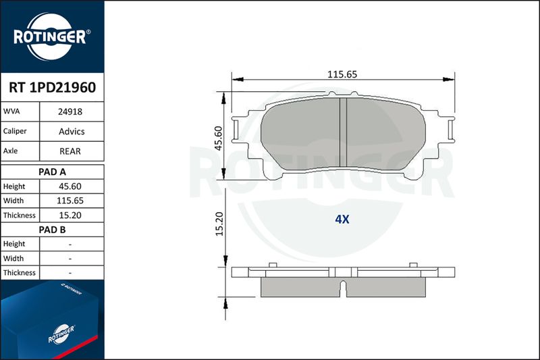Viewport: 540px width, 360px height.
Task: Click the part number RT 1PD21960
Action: pos(53,88)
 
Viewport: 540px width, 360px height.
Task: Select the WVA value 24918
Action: pos(70,111)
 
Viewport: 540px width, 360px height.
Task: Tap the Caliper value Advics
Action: pos(72,131)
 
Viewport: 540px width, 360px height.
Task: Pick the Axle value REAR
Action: pos(70,151)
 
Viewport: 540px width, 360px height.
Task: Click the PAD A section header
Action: pos(53,172)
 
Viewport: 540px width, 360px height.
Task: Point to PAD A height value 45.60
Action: pos(70,186)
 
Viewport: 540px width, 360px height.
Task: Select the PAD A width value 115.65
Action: pos(70,201)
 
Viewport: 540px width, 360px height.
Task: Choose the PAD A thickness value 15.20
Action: pos(70,215)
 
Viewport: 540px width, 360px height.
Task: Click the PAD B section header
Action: pos(53,230)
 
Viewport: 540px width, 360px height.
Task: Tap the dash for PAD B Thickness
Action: pos(70,273)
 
